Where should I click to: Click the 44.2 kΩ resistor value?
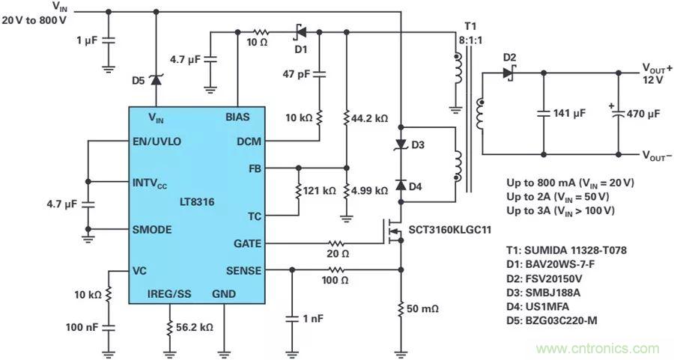click(x=371, y=119)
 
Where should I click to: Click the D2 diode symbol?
click(x=509, y=73)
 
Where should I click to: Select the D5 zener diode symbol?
click(x=155, y=79)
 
